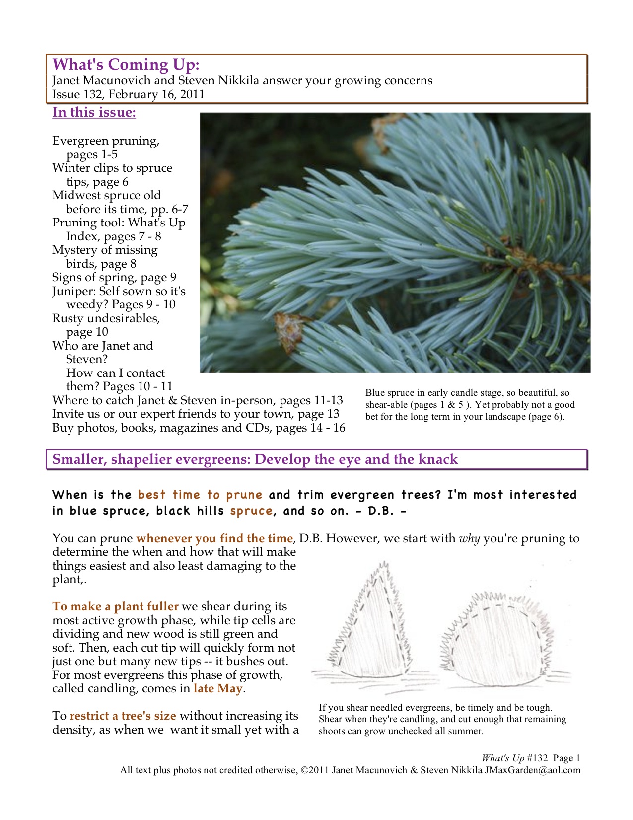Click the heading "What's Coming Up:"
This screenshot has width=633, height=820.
pos(126,65)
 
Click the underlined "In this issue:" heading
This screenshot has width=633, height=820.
pos(94,112)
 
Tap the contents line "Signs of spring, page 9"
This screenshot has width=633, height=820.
pos(114,277)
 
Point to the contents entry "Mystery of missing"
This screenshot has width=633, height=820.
pos(105,250)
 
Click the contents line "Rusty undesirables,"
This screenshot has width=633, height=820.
pos(106,318)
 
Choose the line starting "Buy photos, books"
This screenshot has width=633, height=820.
pos(199,428)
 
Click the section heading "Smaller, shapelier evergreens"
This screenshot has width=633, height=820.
pos(255,459)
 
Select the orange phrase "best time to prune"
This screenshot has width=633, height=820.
pos(200,495)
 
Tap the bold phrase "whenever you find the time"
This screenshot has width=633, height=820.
pos(214,538)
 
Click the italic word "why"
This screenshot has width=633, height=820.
pos(469,538)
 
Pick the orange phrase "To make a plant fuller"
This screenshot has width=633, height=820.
pos(115,606)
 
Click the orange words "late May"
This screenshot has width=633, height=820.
pos(218,688)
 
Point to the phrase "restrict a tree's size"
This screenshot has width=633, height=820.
pos(123,716)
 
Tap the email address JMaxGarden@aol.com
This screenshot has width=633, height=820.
pos(532,770)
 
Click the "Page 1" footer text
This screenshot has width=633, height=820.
pos(566,758)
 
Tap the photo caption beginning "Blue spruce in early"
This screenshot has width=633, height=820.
pos(470,404)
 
